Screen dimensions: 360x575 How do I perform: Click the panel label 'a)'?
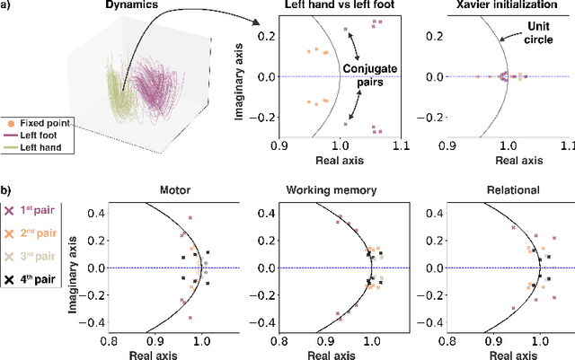coord(7,7)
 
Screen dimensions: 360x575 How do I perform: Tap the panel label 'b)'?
coord(7,191)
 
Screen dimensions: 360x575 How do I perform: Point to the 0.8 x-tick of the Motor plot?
coord(110,341)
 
